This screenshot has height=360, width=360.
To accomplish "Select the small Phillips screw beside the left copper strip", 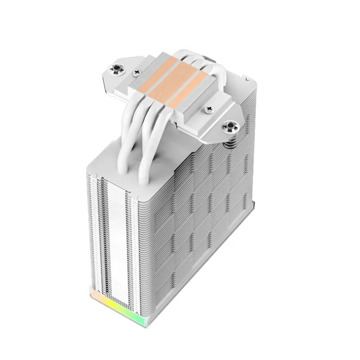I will point(137,73).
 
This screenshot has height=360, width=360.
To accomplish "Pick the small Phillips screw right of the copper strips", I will point(208,110).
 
